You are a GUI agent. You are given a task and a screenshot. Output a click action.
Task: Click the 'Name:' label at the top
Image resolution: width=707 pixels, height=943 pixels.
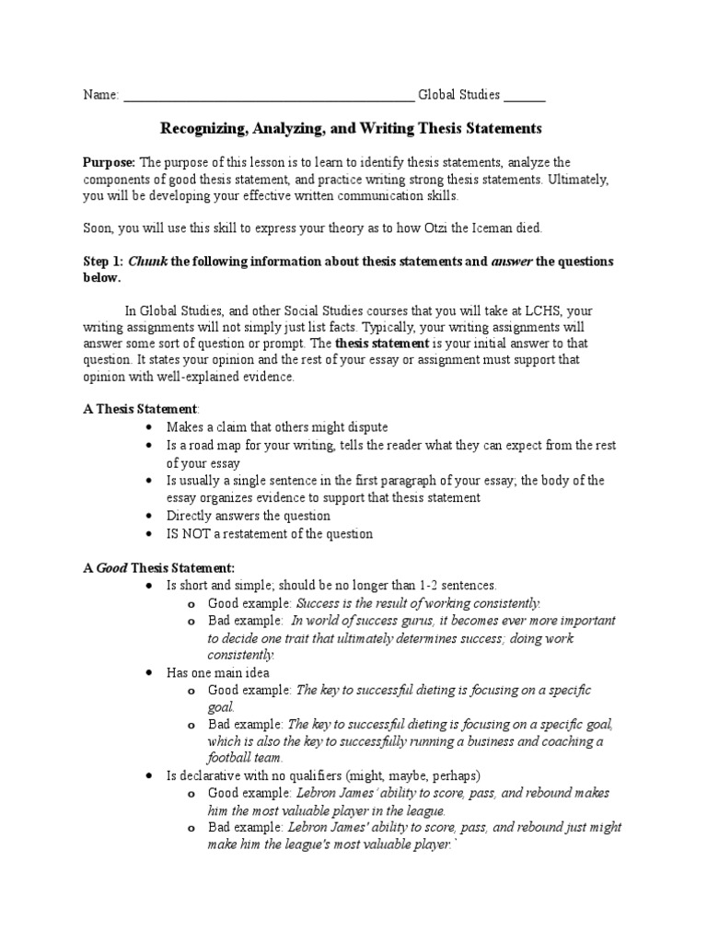(101, 95)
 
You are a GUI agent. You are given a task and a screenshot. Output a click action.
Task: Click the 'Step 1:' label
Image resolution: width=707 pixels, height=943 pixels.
(103, 262)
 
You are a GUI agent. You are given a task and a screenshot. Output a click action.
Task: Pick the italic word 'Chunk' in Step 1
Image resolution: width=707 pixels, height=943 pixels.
(147, 262)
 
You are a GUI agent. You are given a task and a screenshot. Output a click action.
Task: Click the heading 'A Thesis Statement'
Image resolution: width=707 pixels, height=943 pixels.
(141, 408)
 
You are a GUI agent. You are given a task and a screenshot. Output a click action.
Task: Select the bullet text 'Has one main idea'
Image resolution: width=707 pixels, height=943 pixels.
(217, 673)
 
